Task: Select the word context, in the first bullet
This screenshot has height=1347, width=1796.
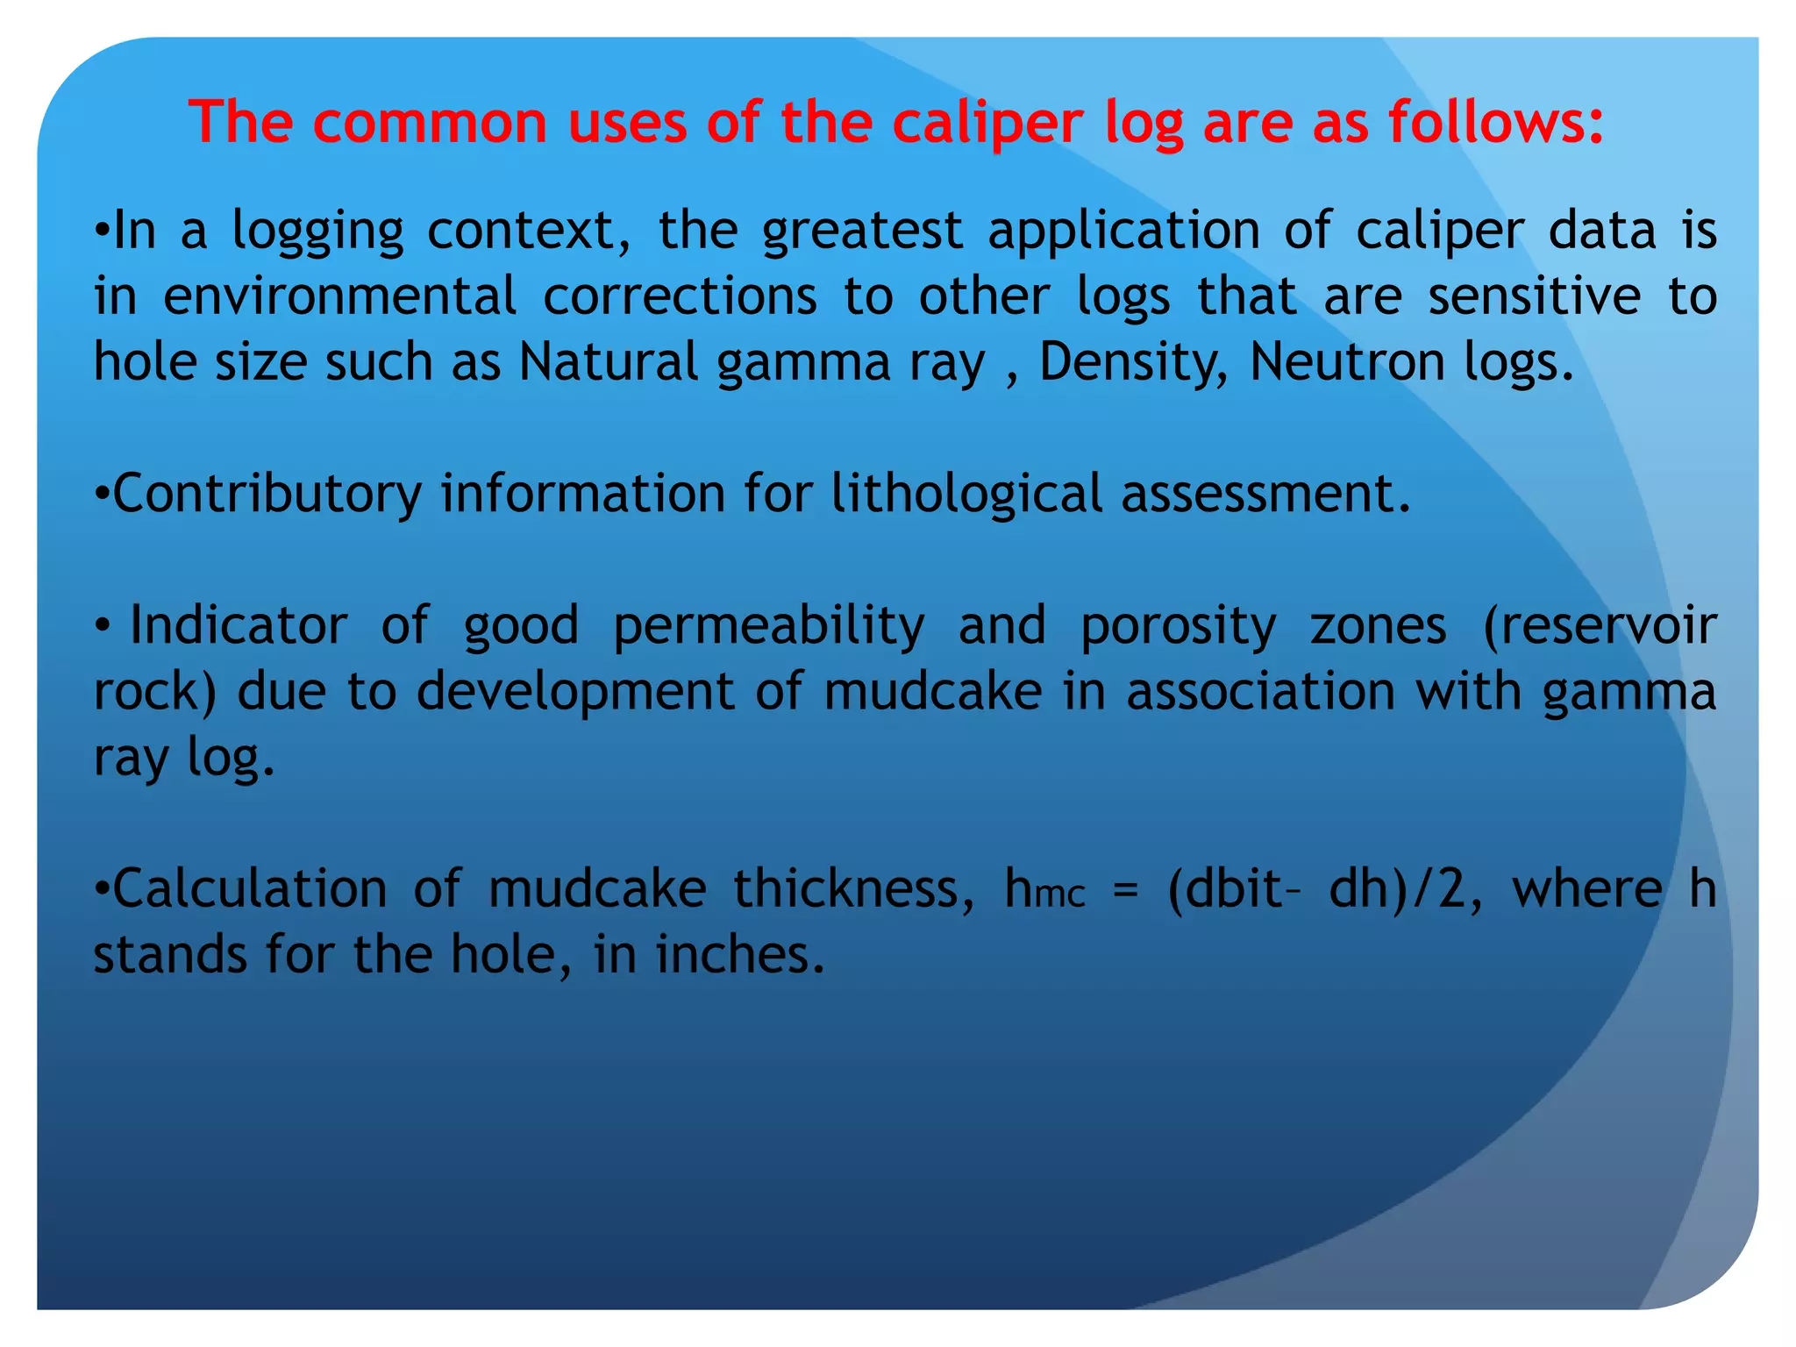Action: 528,232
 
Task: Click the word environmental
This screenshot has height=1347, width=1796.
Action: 340,296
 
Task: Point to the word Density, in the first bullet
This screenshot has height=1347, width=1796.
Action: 1133,362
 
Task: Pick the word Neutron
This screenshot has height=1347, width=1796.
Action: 1347,362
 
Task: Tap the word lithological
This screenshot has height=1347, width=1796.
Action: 966,494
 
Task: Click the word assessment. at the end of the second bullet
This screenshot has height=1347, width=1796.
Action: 1266,494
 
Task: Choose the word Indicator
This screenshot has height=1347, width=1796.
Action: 239,626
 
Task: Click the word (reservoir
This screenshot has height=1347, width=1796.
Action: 1599,626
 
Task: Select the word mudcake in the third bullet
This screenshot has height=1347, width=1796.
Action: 933,692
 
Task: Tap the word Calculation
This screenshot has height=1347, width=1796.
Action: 250,889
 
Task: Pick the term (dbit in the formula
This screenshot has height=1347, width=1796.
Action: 1226,889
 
